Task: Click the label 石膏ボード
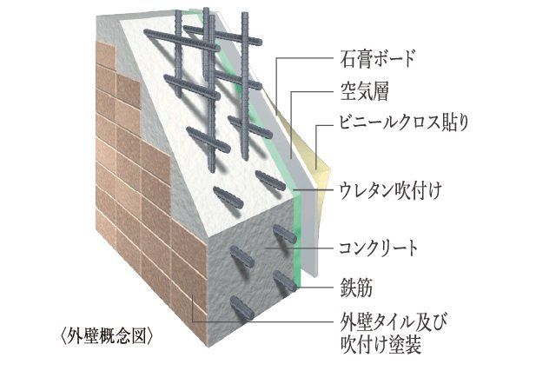[x=374, y=60]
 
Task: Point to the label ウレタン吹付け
[x=387, y=189]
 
